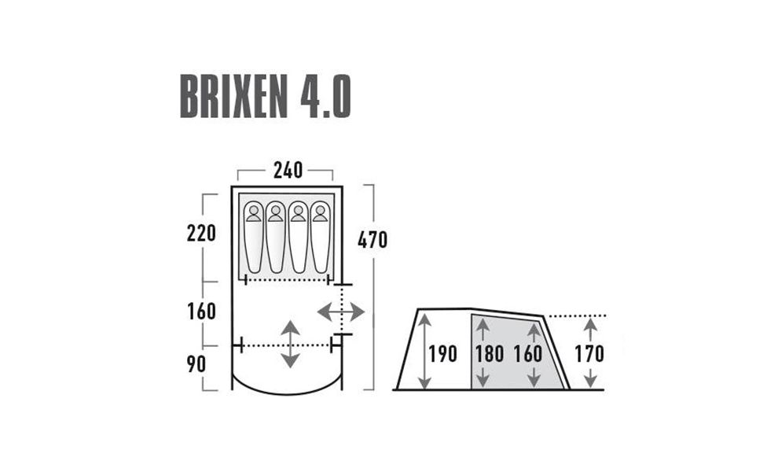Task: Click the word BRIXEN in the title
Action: (x=234, y=97)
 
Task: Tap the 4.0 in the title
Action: (x=325, y=97)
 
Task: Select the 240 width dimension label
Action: (x=288, y=171)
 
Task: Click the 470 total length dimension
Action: (x=372, y=240)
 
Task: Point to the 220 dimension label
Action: (x=201, y=233)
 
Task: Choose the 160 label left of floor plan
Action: (x=201, y=312)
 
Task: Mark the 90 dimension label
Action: (x=196, y=365)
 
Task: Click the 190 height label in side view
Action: (x=442, y=354)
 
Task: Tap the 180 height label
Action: (x=490, y=354)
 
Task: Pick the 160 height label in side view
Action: (x=528, y=354)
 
